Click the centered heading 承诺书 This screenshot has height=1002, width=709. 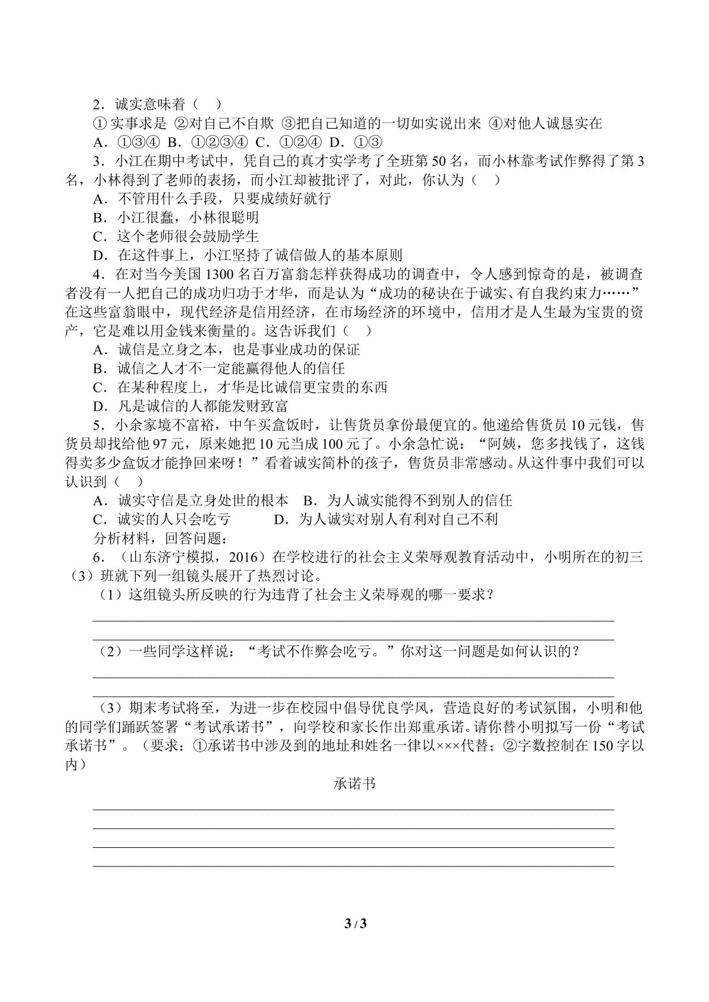click(x=354, y=784)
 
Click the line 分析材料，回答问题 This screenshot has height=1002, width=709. click(x=160, y=538)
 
